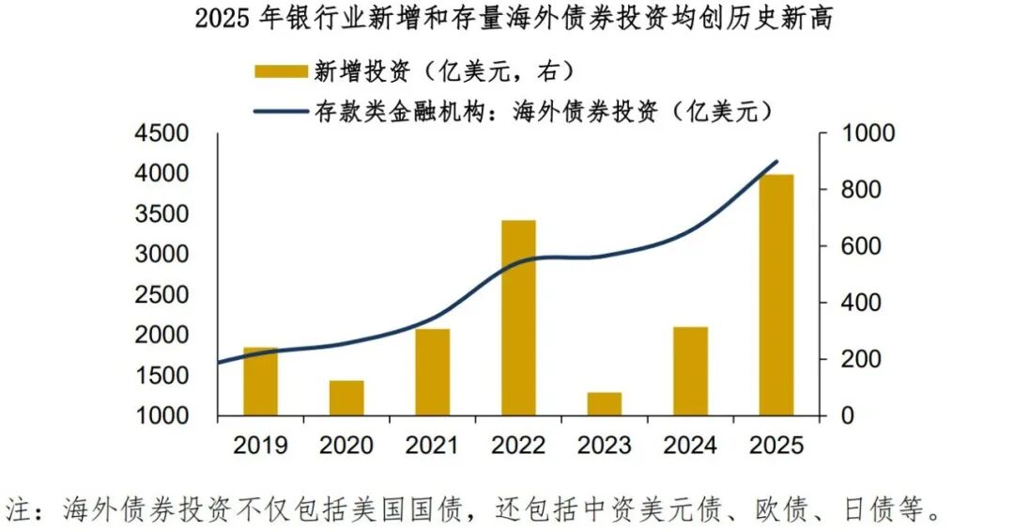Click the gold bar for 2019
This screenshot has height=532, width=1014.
[260, 382]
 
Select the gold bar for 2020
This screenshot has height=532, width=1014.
[346, 398]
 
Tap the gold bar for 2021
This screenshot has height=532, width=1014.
[432, 372]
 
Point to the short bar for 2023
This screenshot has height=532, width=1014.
[605, 403]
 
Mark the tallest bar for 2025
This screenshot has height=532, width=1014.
[776, 295]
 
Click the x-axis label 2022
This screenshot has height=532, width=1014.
[518, 444]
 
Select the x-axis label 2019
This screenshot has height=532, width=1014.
[260, 444]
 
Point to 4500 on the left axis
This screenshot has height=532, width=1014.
[161, 133]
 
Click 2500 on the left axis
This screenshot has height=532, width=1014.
[161, 295]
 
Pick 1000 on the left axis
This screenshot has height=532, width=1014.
[161, 415]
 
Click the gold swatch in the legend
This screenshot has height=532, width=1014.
[281, 70]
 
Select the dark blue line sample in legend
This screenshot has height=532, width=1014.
[281, 111]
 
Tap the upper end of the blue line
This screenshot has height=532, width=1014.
[776, 162]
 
